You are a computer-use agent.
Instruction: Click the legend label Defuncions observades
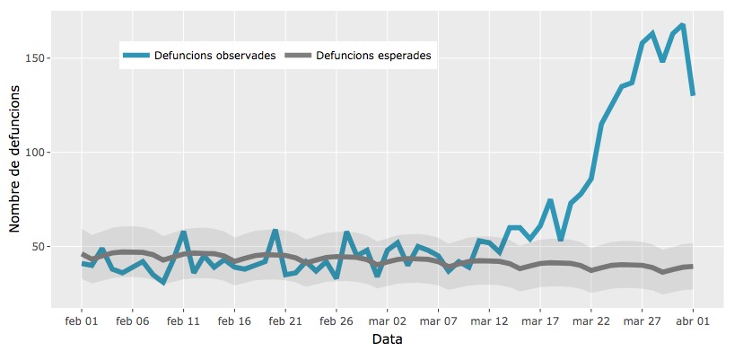click(x=214, y=56)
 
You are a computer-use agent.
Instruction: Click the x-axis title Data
click(x=387, y=340)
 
